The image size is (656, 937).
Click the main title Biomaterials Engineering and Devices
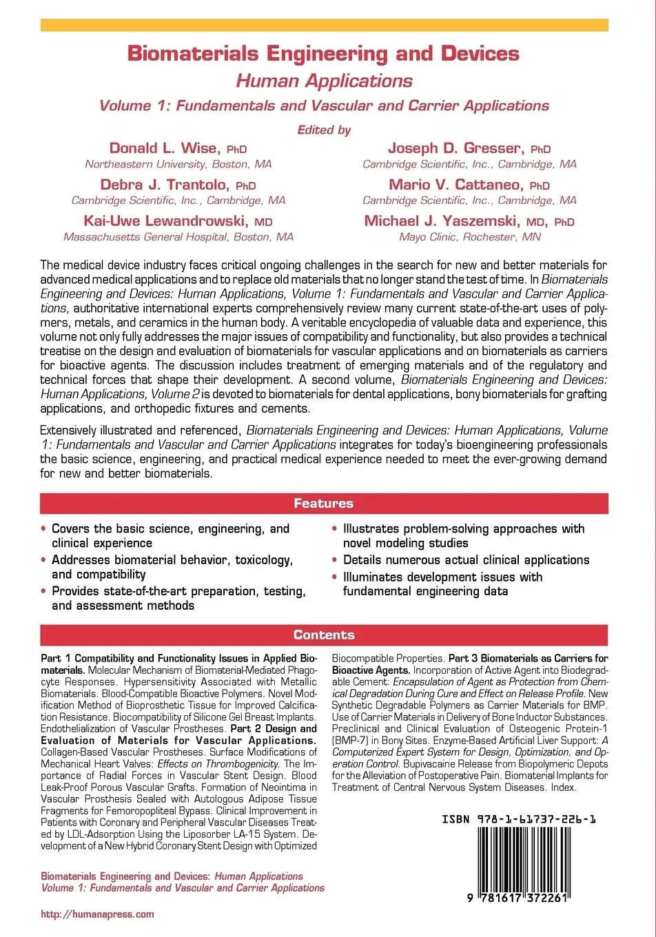[x=323, y=54]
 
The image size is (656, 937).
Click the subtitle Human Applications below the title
[x=324, y=81]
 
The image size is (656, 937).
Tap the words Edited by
[x=324, y=130]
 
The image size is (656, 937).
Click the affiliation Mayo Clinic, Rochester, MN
[x=469, y=237]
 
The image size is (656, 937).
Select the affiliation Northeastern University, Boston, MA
[x=178, y=165]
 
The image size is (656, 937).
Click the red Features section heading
[x=324, y=504]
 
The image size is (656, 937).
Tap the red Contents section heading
[x=324, y=635]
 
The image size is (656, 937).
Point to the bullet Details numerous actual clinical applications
[x=466, y=560]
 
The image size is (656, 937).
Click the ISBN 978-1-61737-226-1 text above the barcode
[x=519, y=820]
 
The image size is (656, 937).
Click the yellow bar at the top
[x=324, y=25]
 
